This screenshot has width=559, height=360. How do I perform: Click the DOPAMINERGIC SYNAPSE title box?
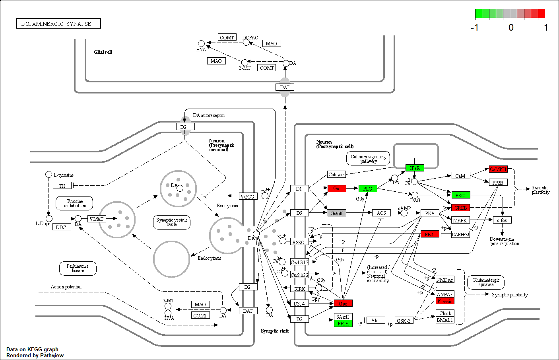coord(58,23)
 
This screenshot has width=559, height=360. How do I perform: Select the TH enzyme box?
coord(62,185)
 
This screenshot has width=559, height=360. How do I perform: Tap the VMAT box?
coord(97,219)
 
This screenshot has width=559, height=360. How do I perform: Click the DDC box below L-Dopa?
coord(61,227)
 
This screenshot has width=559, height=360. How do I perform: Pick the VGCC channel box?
coord(247,196)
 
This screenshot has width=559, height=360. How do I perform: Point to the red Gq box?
coord(337,189)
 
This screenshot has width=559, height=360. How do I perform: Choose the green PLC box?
coord(368,189)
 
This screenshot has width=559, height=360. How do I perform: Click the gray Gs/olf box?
coord(337,213)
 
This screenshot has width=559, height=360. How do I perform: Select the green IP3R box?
coord(415,168)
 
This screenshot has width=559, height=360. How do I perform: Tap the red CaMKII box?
coord(498,169)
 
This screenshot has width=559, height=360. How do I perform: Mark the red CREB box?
coord(460,208)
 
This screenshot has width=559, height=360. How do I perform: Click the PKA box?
coord(430,213)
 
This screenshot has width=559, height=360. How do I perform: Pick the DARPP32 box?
coord(460,234)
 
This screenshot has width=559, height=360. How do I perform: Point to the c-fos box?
coord(502,220)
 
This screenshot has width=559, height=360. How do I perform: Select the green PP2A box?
coord(343,324)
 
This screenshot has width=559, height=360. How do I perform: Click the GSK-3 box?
coord(404,321)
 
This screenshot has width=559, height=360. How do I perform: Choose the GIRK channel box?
coord(299,289)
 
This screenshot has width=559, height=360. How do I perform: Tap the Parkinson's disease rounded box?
coord(78,269)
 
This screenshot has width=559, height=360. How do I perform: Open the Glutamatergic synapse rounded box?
coord(486,282)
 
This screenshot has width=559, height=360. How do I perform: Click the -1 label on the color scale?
coord(474,27)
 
